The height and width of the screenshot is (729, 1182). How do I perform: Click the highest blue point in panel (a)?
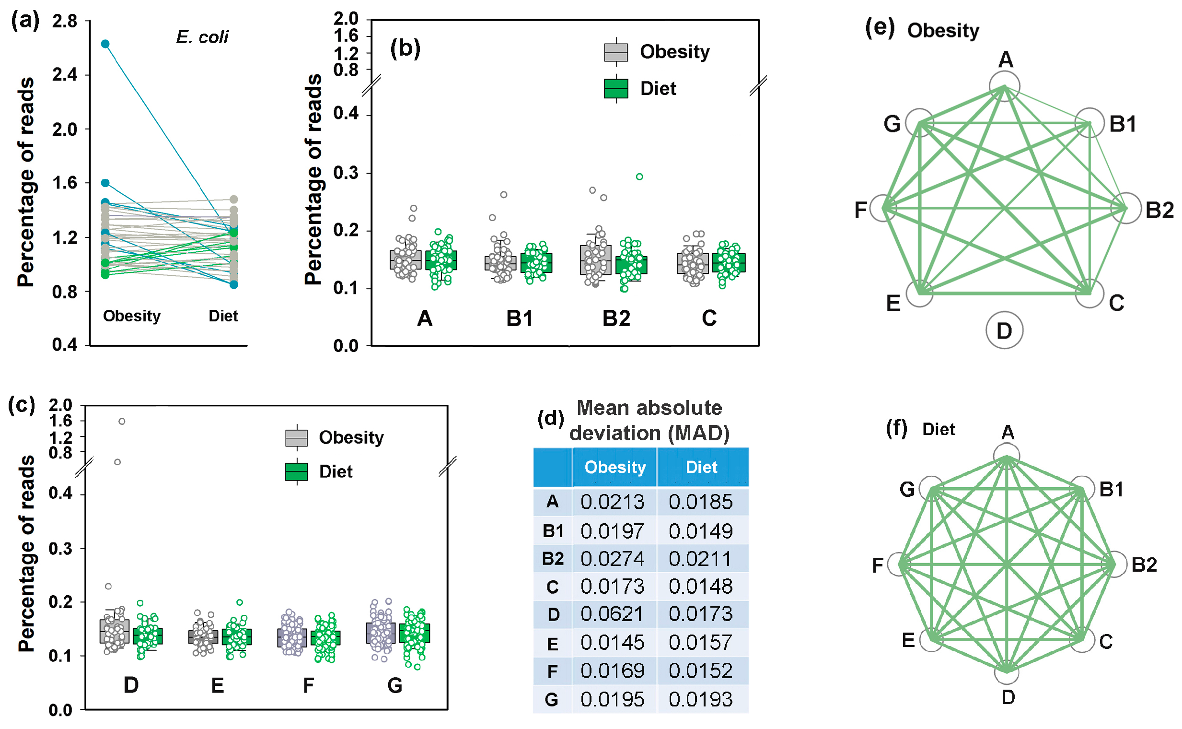[105, 44]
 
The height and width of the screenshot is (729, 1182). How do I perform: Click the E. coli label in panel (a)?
[202, 37]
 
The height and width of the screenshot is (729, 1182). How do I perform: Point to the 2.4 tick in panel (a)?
[65, 75]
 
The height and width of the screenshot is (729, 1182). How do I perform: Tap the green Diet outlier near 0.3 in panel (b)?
[639, 176]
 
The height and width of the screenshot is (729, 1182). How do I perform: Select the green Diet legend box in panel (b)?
[615, 89]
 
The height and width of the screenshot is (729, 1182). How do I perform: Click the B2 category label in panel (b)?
[616, 318]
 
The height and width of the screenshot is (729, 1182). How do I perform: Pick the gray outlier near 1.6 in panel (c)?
[122, 421]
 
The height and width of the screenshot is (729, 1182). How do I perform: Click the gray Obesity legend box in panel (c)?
[296, 437]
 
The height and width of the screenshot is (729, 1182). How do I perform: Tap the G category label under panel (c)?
[394, 685]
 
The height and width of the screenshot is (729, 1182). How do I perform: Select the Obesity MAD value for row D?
[612, 614]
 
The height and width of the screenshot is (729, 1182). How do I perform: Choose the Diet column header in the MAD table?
[701, 467]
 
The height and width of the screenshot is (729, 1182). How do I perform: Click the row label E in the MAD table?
[552, 643]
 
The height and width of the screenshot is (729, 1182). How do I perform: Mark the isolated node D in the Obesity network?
[1004, 330]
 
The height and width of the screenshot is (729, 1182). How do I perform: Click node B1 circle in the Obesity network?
[1089, 122]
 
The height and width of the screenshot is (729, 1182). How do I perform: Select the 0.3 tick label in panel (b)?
[346, 173]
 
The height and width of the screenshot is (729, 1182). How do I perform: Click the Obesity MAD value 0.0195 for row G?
[612, 699]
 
